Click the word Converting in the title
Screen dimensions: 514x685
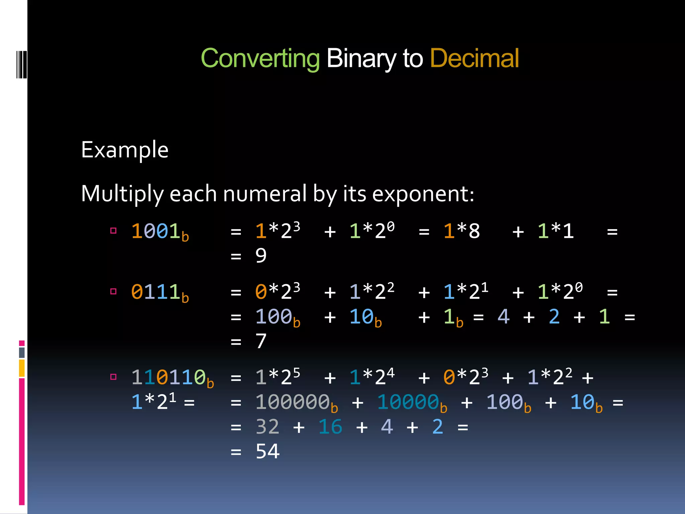point(260,59)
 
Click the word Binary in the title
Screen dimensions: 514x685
point(361,59)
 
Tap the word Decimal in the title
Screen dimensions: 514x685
point(474,58)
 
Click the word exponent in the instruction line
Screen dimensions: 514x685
point(423,194)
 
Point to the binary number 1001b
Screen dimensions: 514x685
point(160,232)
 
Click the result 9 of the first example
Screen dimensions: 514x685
point(261,256)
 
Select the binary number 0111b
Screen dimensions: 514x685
point(160,292)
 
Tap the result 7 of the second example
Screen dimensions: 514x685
point(261,341)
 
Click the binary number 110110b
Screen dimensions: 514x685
point(172,378)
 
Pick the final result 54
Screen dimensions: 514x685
point(268,451)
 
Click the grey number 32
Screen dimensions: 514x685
point(268,427)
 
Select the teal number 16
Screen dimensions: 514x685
point(330,427)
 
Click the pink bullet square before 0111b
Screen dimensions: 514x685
point(113,291)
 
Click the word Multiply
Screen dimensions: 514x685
point(122,194)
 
